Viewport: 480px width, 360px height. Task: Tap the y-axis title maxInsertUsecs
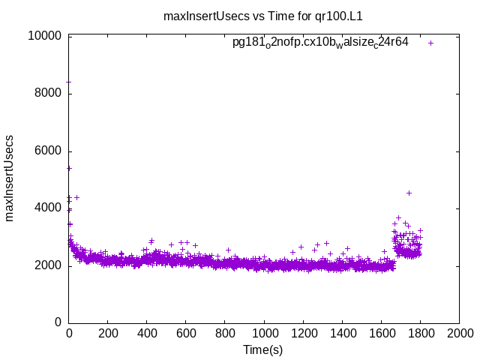click(x=10, y=178)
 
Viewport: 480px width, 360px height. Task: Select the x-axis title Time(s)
click(x=263, y=349)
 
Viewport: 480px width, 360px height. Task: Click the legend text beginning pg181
click(x=320, y=43)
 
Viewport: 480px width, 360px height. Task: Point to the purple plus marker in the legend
click(x=431, y=43)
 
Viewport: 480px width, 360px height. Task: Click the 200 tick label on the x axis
click(x=108, y=333)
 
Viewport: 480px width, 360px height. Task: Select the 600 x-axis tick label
click(x=186, y=333)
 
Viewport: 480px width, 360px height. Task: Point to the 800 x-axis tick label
click(x=225, y=333)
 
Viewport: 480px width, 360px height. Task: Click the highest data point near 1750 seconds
click(x=409, y=193)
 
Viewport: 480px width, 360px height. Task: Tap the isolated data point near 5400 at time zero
click(x=70, y=168)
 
